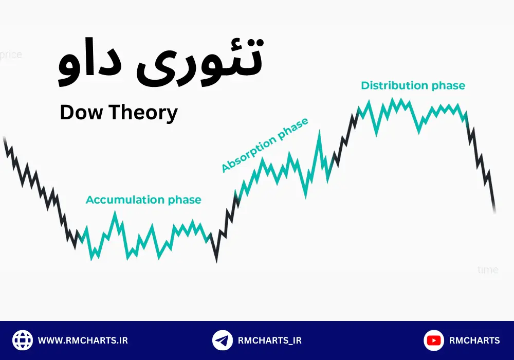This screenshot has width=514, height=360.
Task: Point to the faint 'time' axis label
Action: click(x=487, y=269)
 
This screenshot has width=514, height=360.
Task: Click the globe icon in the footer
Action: click(x=22, y=340)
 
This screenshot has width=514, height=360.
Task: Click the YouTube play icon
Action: click(x=434, y=340)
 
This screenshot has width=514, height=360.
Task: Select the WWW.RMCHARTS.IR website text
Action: click(x=83, y=340)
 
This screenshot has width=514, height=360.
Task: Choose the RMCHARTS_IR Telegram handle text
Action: click(x=270, y=340)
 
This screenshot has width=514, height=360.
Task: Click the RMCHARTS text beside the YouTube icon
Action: click(x=474, y=340)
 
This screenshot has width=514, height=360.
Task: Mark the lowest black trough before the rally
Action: click(x=216, y=261)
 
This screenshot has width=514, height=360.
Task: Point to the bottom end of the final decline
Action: click(x=494, y=211)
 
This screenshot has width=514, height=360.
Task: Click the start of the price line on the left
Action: click(x=5, y=138)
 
